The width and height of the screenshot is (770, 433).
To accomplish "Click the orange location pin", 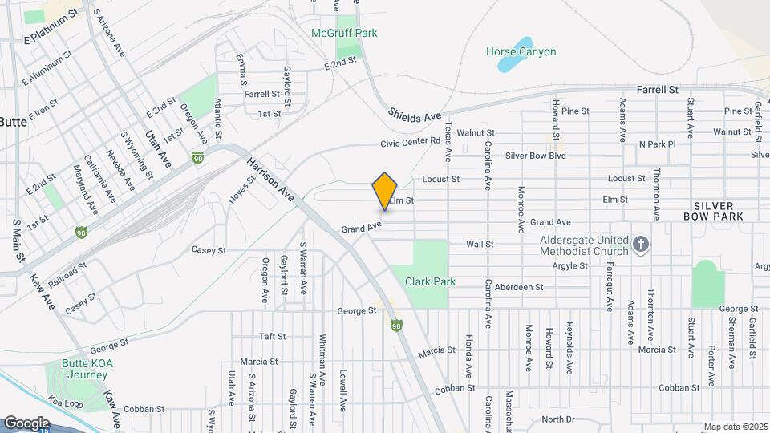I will pyautogui.click(x=385, y=191).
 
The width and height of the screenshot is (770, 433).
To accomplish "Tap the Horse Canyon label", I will pyautogui.click(x=521, y=52).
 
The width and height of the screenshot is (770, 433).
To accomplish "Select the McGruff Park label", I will pyautogui.click(x=344, y=34).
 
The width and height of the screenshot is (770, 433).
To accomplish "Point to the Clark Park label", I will pyautogui.click(x=430, y=281).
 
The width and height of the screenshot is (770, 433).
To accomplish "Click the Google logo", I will pyautogui.click(x=26, y=423).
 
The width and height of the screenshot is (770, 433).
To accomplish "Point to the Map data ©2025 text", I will pyautogui.click(x=736, y=427).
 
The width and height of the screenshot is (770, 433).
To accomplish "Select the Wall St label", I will pyautogui.click(x=479, y=244).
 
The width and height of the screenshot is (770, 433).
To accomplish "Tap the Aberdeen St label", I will pyautogui.click(x=518, y=287).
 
